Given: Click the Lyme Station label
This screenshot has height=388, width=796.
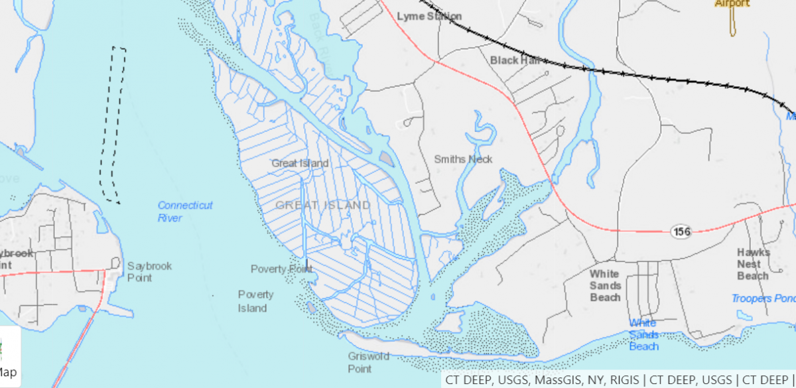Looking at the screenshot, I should coord(429,16).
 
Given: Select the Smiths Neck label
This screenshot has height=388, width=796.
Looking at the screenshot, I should coord(463,159).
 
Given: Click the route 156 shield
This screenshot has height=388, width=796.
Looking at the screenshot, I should coord(681,231).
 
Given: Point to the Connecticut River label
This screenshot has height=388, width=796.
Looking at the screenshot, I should coord(185,212).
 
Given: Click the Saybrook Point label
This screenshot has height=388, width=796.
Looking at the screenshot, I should coord(149,272).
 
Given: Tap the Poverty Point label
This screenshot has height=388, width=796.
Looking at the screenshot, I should coord(281,269).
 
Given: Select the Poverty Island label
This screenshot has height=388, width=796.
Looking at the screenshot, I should coord(255,301).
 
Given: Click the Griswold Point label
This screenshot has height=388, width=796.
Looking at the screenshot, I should coord(368,362).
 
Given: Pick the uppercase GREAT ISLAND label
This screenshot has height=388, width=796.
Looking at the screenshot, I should coord(322,206).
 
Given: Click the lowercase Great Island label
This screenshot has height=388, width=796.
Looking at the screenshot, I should coord(300,163).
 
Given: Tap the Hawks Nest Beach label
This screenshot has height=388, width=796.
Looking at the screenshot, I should coord(753,264).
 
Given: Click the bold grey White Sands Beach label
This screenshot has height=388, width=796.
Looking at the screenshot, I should coord(605,285).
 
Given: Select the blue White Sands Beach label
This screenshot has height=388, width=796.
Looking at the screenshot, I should coord(643,334).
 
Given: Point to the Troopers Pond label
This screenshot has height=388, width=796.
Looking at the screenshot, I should coord(763,298).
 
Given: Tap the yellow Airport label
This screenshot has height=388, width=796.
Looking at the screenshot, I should coord(732,4).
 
